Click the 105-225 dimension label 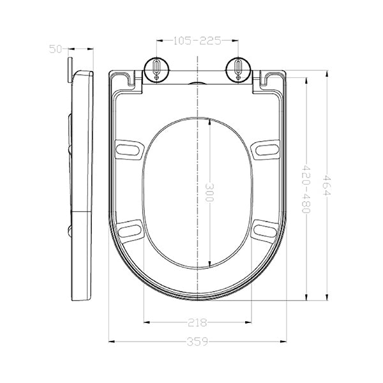(198, 41)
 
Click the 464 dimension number (327, 185)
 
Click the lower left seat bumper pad (130, 230)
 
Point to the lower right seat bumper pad (264, 230)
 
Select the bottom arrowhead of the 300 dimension (209, 264)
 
